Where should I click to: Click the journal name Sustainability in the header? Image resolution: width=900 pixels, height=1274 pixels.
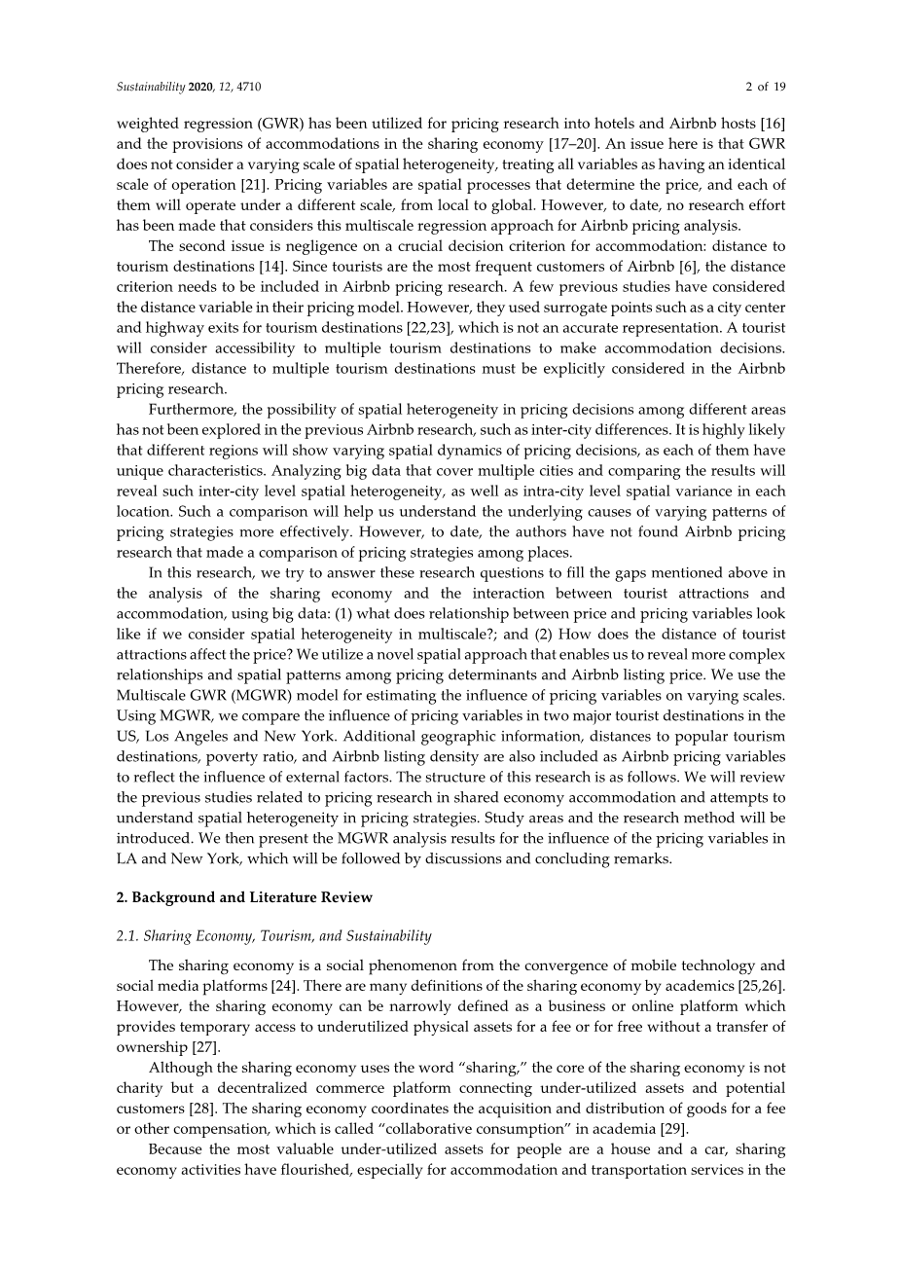[151, 87]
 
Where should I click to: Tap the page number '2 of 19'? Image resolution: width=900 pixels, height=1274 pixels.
[765, 87]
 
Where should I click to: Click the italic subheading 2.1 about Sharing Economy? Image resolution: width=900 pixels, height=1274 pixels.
[273, 936]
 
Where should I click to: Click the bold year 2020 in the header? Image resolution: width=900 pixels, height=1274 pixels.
[200, 87]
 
